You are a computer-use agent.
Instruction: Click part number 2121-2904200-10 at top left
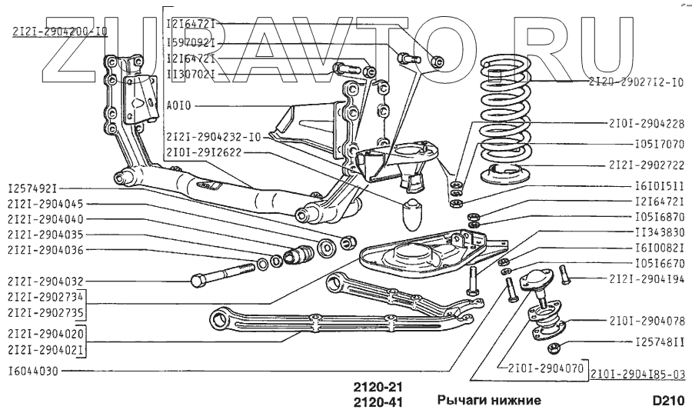coord(60,32)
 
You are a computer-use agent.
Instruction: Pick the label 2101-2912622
coord(204,152)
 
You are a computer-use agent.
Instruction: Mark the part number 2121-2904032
coord(45,281)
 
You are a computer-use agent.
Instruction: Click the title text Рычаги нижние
coord(489,401)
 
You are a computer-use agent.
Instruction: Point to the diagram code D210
coord(666,401)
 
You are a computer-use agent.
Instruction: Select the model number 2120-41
coord(377,401)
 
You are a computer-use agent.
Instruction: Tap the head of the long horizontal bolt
coord(197,279)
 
